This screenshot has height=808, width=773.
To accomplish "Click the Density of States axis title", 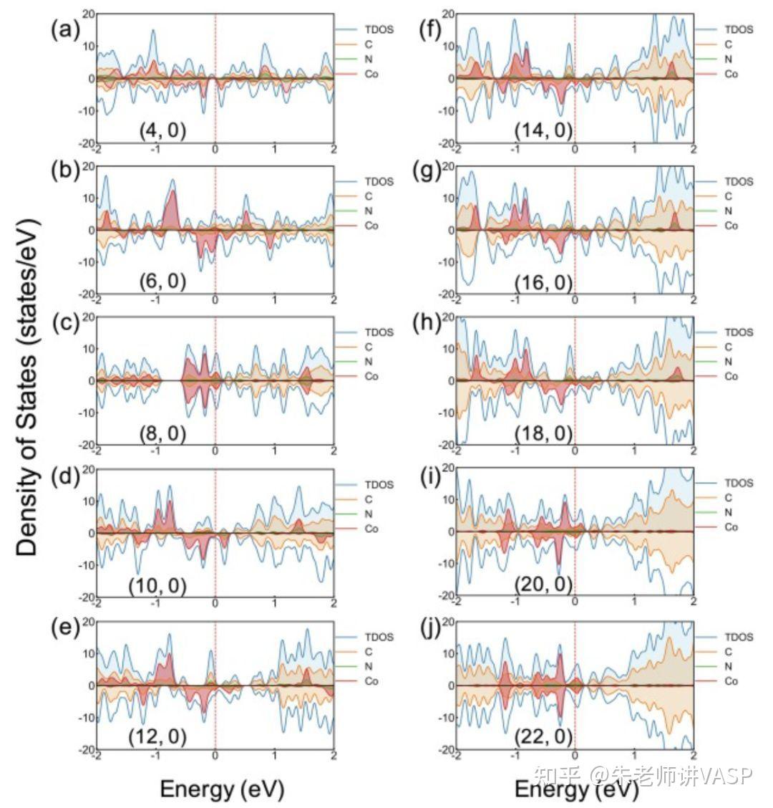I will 26,388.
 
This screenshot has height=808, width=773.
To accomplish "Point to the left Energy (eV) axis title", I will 222,789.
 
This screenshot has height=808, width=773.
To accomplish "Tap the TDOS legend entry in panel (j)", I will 739,637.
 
